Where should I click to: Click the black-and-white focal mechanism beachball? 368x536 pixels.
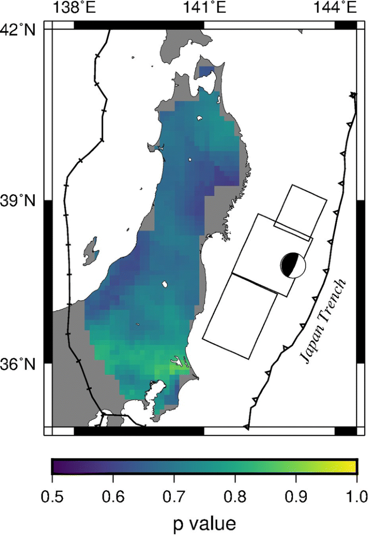point(293,264)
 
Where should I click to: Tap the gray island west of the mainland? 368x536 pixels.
point(91,252)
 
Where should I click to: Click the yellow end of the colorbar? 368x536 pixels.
point(351,467)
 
